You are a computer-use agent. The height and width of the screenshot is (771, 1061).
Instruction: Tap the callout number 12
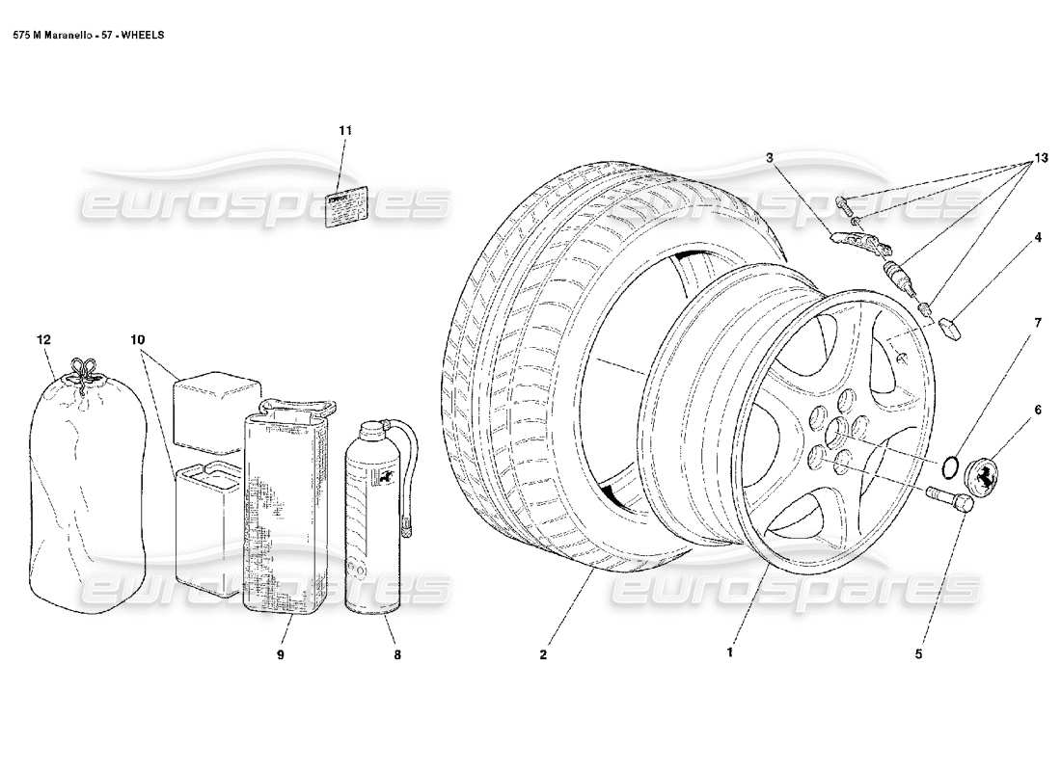coord(43,339)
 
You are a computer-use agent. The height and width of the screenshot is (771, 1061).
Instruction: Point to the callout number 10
coord(138,339)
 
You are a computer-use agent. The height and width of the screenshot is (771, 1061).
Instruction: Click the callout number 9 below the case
coord(282,653)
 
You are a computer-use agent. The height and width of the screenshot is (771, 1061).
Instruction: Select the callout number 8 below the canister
coord(396,653)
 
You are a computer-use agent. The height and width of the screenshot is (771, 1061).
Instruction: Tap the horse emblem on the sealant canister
coord(383,478)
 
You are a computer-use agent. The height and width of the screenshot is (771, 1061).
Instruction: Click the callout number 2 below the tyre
coord(543,653)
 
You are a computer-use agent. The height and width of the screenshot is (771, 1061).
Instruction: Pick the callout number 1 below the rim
coord(730,652)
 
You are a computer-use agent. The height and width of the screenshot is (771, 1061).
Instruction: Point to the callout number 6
coord(1038,410)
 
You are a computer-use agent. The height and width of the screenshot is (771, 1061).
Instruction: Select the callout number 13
coord(1038,156)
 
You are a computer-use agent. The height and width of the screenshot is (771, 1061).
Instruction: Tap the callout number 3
coord(770,156)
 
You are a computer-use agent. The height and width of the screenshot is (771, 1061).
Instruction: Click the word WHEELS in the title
coord(142,34)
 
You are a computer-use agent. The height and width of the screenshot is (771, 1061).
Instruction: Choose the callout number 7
coord(1038,322)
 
